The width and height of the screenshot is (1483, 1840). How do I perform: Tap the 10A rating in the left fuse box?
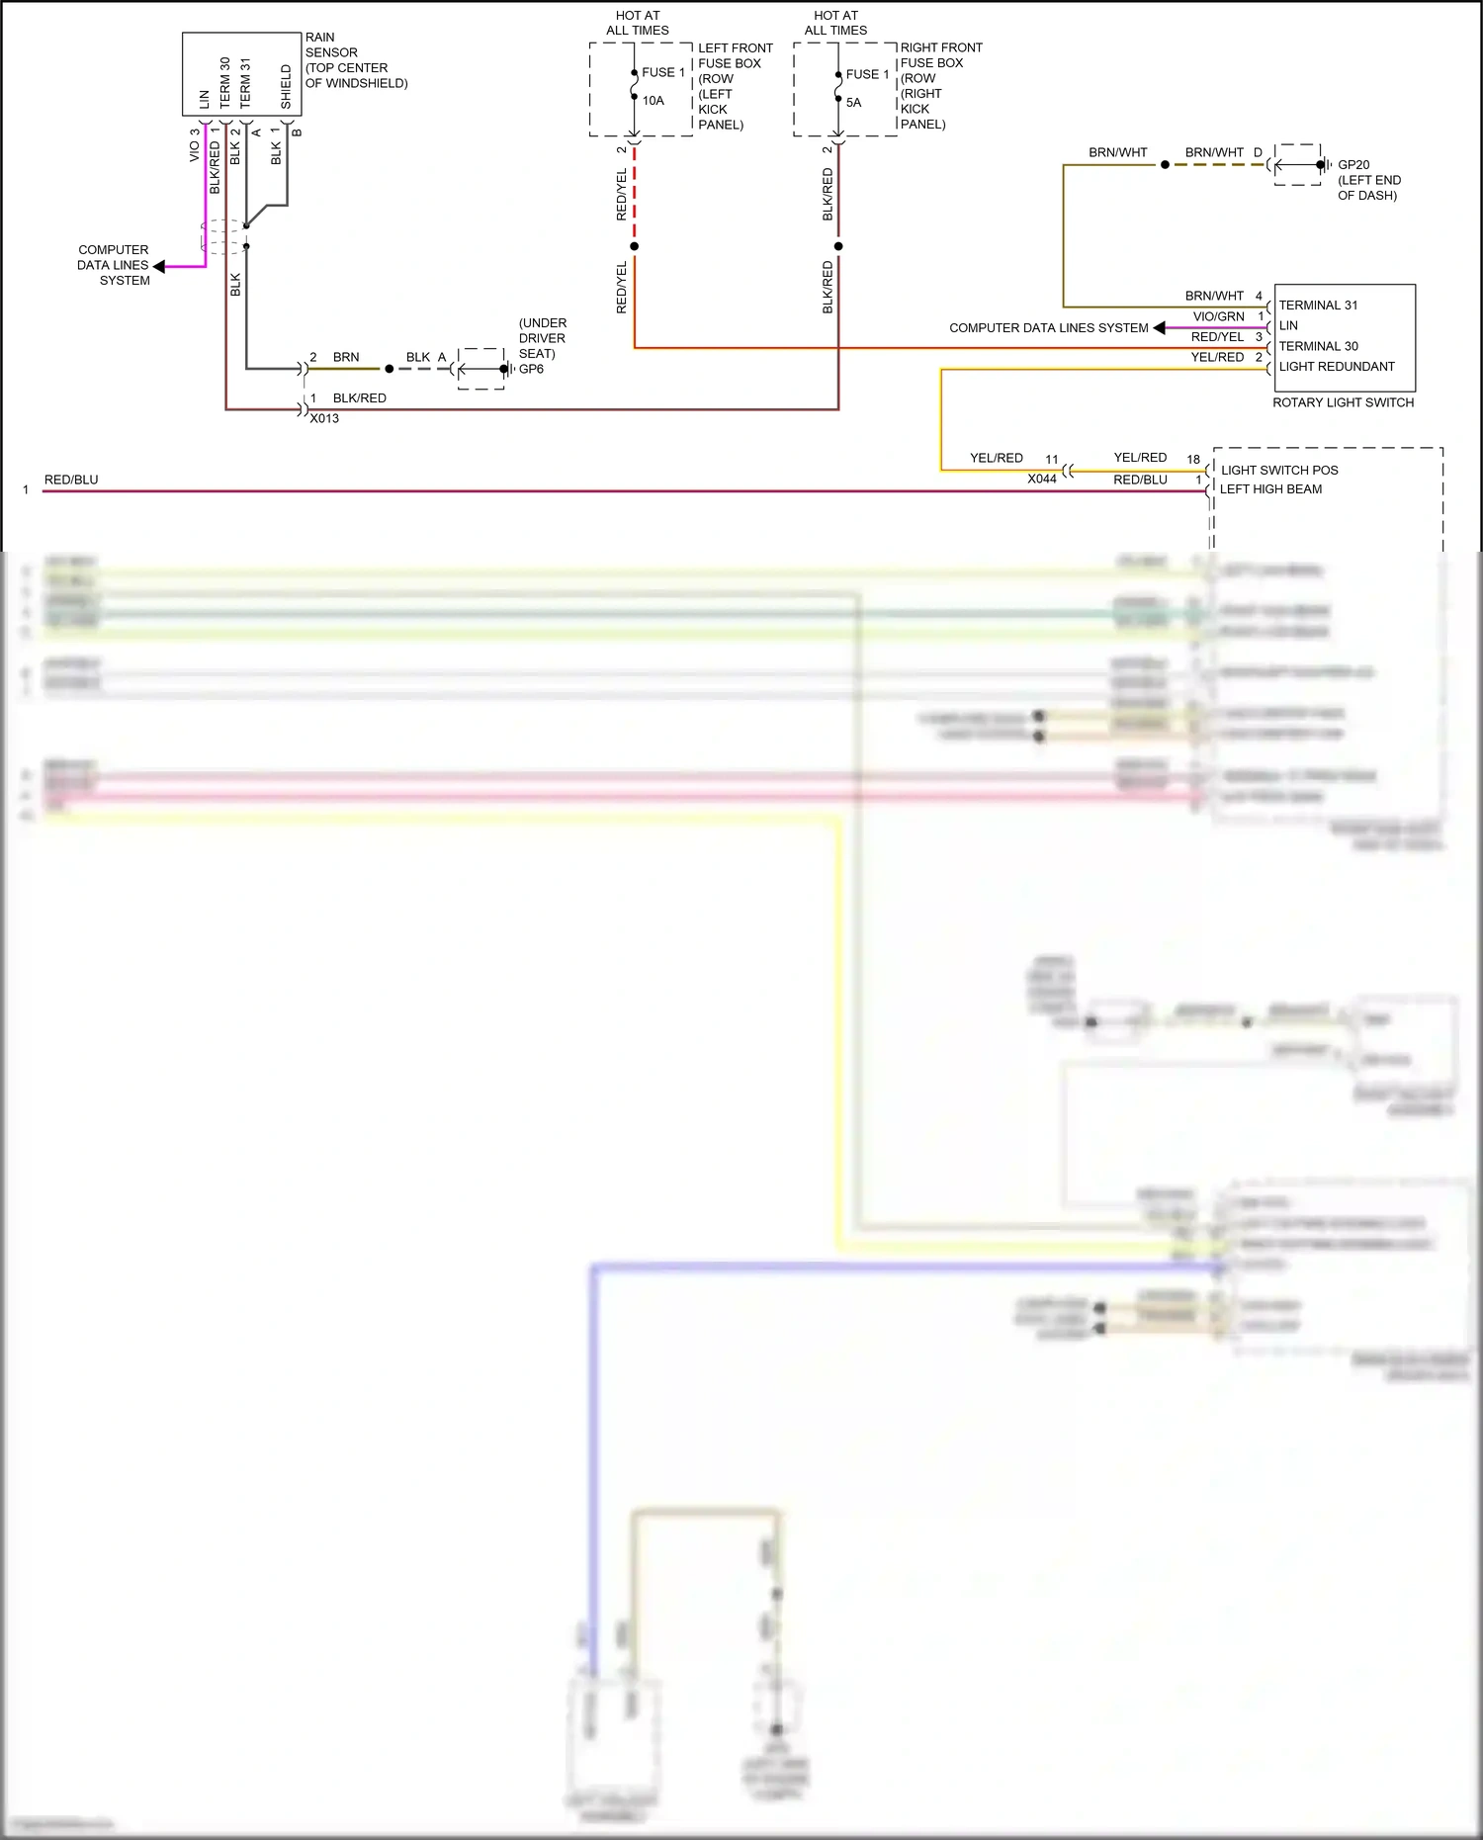pos(653,101)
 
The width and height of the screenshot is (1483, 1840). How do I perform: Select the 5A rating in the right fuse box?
pos(853,103)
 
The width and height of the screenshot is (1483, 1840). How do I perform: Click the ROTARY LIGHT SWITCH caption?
pos(1343,402)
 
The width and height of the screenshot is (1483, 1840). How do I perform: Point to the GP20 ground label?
pos(1352,165)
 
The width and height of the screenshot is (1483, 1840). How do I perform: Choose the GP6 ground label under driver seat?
pos(531,369)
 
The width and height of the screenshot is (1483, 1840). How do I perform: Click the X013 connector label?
pos(324,418)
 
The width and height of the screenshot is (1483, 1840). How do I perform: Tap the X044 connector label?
pos(1041,479)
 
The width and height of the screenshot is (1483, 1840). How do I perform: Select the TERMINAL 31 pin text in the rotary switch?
pos(1318,306)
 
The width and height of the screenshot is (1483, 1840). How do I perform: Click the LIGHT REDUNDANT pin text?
pos(1336,366)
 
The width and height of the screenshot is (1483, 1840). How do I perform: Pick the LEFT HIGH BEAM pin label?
pos(1270,489)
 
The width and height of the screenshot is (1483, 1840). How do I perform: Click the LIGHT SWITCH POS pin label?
pos(1278,470)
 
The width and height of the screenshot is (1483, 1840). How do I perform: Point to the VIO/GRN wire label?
pos(1218,316)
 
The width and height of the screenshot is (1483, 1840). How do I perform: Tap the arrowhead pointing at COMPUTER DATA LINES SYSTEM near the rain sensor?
pos(159,266)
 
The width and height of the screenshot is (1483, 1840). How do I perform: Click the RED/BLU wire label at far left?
pos(71,480)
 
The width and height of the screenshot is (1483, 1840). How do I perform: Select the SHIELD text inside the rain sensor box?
pos(286,87)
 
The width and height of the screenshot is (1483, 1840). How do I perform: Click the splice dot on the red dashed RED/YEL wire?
pos(634,246)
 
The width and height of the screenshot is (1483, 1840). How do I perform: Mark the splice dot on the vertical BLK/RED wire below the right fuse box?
pos(838,246)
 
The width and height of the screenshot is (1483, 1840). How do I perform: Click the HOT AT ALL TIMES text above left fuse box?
pos(638,23)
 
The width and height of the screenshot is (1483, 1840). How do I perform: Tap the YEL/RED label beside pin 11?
pos(996,458)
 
